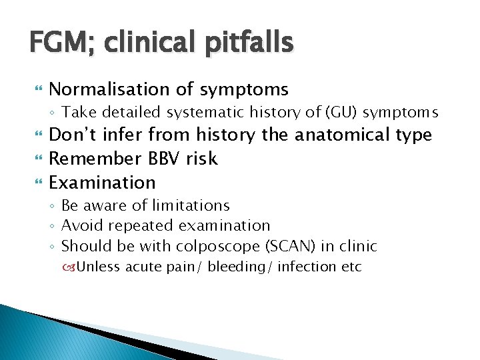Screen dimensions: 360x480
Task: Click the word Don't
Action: click(75, 135)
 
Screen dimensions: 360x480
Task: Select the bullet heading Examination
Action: click(102, 182)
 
